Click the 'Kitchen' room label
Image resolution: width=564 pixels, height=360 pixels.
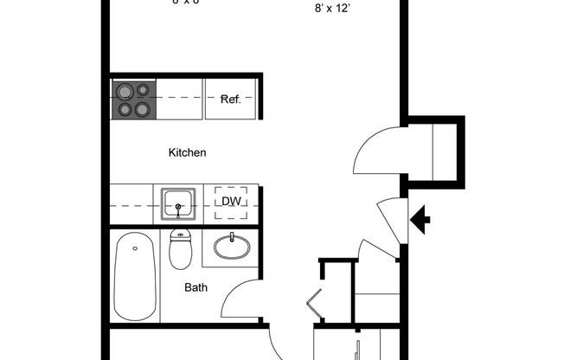click(187, 153)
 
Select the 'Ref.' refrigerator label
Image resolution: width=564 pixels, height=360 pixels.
click(230, 100)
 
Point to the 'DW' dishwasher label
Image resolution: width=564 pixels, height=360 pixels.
click(230, 202)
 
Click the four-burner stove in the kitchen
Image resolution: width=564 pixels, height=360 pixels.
click(132, 100)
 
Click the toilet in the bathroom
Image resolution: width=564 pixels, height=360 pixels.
click(181, 250)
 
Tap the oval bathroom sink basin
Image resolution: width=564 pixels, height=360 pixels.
click(231, 246)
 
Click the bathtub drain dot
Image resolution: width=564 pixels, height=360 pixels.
click(136, 249)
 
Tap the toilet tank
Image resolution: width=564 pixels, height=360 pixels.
click(181, 235)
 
